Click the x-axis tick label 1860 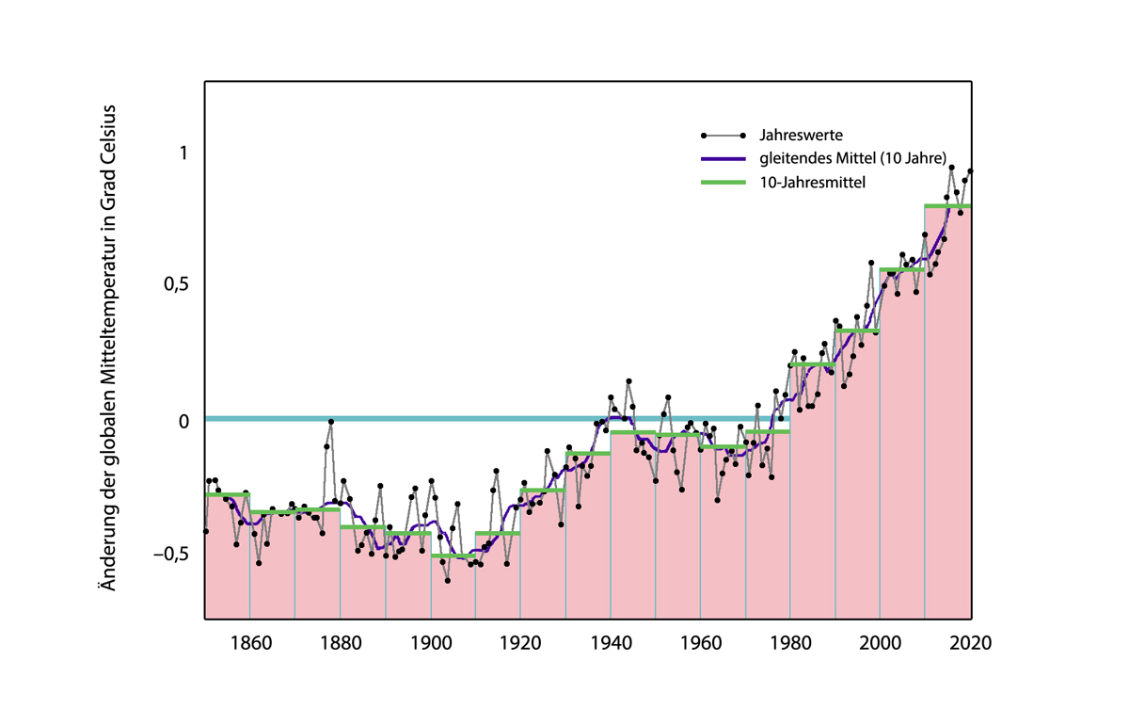251,643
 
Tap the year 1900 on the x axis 431,643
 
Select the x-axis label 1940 611,643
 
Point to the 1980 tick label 790,643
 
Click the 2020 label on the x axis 970,643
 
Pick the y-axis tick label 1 183,153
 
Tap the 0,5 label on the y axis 176,285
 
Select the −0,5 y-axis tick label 171,554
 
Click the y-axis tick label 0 183,421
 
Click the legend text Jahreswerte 801,136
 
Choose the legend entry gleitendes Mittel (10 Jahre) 852,158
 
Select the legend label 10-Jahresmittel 813,182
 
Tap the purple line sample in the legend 724,159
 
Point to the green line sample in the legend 724,182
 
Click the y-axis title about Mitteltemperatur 109,348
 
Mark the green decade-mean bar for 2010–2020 947,206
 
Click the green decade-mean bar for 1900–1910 453,556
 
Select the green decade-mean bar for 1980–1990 813,364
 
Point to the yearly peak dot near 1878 330,421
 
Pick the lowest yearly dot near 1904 448,581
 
